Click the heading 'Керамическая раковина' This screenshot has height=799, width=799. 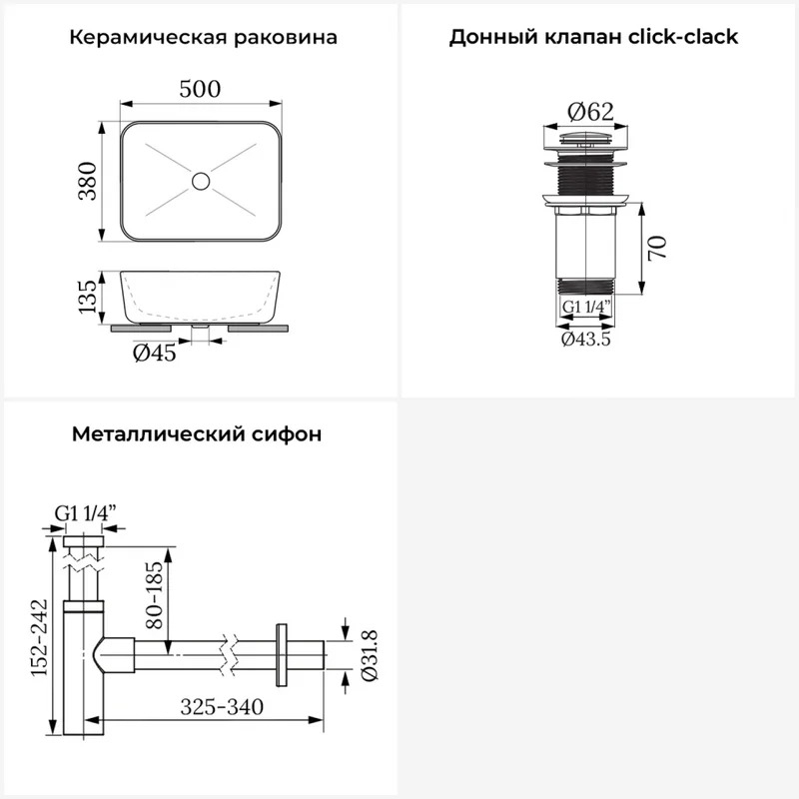[x=204, y=38]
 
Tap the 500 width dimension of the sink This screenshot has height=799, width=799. [x=200, y=89]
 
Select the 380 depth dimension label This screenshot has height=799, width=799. [x=87, y=181]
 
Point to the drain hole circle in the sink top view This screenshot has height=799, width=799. [x=201, y=181]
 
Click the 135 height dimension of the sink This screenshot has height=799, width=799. [x=87, y=297]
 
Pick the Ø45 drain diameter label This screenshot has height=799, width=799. [x=155, y=353]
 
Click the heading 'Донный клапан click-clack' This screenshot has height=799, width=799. [x=593, y=37]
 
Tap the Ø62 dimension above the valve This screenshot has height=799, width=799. [x=590, y=112]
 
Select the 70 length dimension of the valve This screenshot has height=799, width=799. [x=657, y=248]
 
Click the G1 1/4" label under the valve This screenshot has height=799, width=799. [x=586, y=307]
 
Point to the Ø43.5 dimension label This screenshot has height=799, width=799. [x=586, y=339]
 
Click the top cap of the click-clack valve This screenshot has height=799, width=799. [x=586, y=137]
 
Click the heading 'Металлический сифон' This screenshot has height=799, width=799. [x=197, y=434]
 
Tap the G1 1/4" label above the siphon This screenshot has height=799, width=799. [x=86, y=513]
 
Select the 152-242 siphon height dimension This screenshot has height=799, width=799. [x=39, y=637]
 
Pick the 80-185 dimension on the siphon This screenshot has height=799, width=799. [x=155, y=594]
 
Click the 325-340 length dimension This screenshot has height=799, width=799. [x=222, y=707]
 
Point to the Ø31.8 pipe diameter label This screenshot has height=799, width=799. [x=370, y=656]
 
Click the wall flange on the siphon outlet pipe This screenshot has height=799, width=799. [x=281, y=655]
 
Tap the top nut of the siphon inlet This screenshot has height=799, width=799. [x=84, y=541]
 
